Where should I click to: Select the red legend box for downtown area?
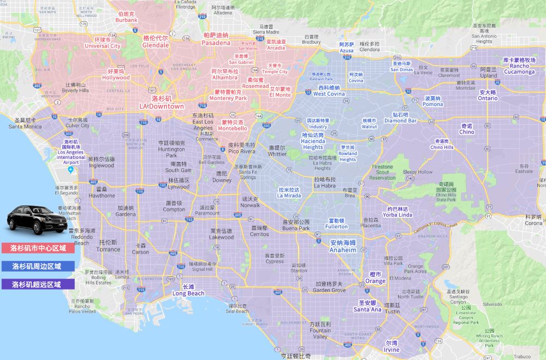38,248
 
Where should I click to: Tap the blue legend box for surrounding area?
38,266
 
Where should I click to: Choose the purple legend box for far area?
38,284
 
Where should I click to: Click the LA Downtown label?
161,103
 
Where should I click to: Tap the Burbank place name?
126,17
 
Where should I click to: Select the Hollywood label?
116,75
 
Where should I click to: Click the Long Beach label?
188,290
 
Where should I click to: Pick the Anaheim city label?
343,246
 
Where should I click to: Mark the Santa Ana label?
367,306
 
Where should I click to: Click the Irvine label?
391,346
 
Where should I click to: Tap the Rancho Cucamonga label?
519,66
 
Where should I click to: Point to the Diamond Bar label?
400,118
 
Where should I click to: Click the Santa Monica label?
25,123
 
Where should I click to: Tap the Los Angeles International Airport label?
71,151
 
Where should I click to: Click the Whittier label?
277,151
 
